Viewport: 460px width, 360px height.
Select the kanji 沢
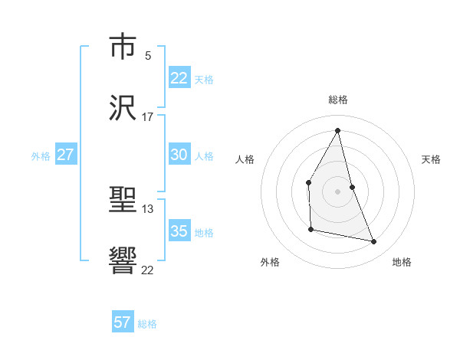[x=123, y=110]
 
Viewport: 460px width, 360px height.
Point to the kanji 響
[x=123, y=263]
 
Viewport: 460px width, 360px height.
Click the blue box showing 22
[x=179, y=78]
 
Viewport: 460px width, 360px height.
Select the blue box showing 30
[x=179, y=155]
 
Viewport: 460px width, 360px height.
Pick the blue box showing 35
[x=179, y=231]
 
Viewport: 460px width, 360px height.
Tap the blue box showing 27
[x=65, y=155]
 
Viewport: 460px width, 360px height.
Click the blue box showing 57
[x=123, y=322]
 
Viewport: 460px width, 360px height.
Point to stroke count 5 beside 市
[x=148, y=55]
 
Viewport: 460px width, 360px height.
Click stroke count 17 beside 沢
[x=148, y=117]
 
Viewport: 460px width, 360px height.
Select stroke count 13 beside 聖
[x=148, y=208]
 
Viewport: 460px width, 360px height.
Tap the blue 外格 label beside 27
[x=41, y=156]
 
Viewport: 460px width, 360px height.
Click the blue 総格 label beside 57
[x=147, y=324]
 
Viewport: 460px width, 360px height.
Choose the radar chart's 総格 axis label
[x=338, y=100]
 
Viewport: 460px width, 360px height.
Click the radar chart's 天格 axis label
[x=432, y=159]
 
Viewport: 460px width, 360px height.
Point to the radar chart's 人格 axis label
[x=245, y=159]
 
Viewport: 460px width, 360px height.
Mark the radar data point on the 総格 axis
[x=338, y=130]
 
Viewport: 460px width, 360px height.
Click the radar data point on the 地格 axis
[x=374, y=241]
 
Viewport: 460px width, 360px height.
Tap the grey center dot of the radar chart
[x=338, y=191]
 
